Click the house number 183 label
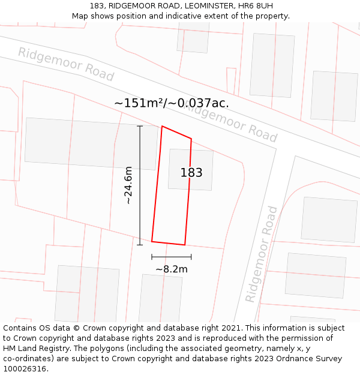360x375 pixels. click(x=191, y=173)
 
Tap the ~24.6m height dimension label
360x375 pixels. click(x=128, y=186)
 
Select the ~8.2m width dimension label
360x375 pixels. click(x=172, y=269)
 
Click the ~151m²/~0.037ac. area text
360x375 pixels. click(x=172, y=103)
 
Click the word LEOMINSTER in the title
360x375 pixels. click(x=201, y=5)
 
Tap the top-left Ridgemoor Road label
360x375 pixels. click(x=65, y=64)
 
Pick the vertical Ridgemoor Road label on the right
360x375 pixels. click(x=262, y=254)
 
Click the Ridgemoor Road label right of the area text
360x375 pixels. click(x=232, y=123)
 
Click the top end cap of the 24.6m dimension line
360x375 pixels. click(x=140, y=126)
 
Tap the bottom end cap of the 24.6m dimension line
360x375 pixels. click(x=140, y=245)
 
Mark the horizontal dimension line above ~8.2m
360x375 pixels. click(x=172, y=257)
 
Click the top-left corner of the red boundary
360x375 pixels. click(x=162, y=126)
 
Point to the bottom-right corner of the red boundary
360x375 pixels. click(x=184, y=245)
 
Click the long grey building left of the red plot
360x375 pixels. click(x=90, y=143)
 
